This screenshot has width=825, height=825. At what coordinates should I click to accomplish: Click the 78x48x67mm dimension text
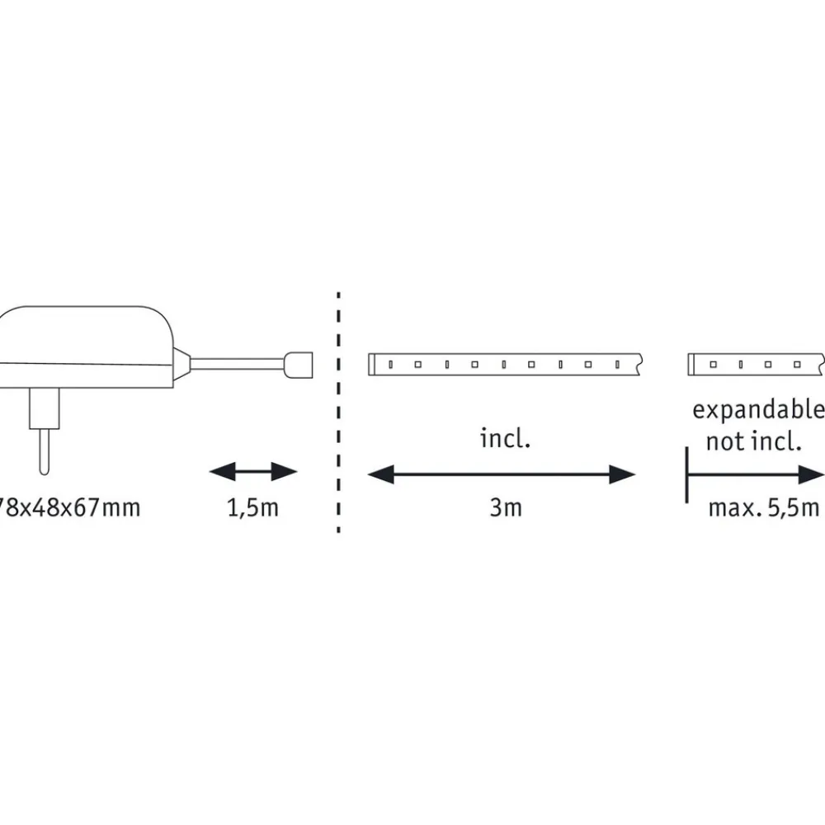click(70, 507)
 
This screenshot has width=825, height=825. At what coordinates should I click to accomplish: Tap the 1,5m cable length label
click(252, 507)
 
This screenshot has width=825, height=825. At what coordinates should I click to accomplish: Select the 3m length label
click(505, 507)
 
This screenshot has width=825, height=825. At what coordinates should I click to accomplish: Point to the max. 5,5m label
click(763, 507)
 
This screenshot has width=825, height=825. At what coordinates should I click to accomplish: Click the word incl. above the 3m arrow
click(505, 438)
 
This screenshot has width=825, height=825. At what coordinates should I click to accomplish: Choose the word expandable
click(757, 410)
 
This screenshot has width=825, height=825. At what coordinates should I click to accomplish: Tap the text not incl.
click(753, 441)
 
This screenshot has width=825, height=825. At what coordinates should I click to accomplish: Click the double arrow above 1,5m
click(252, 472)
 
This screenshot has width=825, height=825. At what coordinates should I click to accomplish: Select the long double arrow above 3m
click(501, 474)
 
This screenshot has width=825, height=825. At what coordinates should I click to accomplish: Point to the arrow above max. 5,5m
click(755, 474)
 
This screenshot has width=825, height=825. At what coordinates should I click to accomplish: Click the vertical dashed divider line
click(338, 412)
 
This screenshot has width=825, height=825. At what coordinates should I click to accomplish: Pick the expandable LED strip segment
click(755, 363)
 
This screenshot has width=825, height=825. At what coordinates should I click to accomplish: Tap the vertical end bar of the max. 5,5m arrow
click(686, 474)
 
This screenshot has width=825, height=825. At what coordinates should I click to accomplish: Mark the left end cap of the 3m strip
click(373, 363)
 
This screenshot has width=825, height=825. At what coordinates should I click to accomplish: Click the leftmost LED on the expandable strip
click(713, 363)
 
